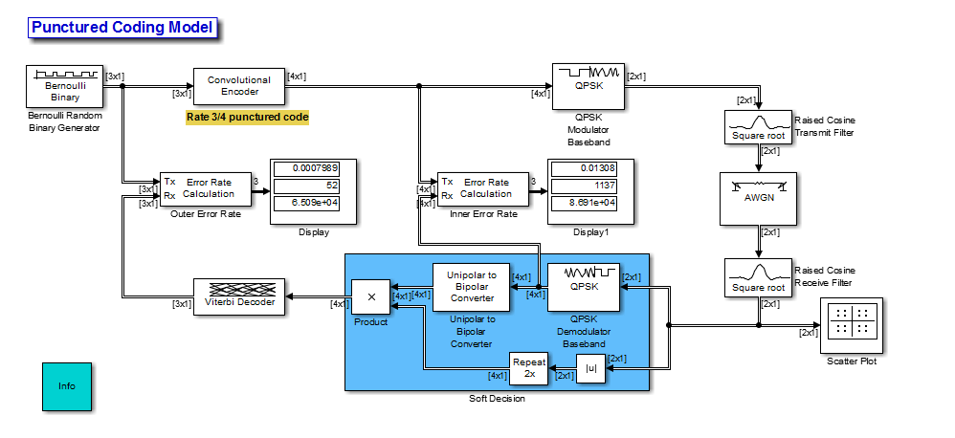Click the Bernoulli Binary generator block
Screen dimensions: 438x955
tap(65, 86)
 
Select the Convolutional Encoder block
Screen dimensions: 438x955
tap(238, 86)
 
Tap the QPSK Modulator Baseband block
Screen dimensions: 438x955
tap(589, 85)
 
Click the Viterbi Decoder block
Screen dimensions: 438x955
tap(239, 297)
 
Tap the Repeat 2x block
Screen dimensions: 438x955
tap(528, 366)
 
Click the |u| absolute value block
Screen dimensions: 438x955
tap(590, 368)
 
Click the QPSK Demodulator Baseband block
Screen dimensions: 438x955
tap(584, 287)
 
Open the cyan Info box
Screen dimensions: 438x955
tap(66, 386)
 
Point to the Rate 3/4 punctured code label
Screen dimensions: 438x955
tap(247, 118)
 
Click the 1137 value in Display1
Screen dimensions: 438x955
tap(590, 186)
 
